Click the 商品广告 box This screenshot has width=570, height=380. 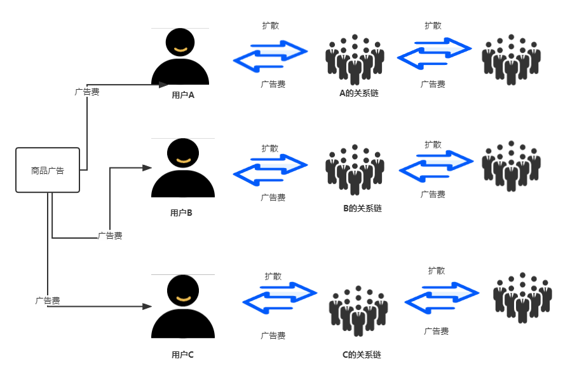tap(48, 170)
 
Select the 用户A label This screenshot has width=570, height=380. tap(183, 95)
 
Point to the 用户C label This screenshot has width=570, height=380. tap(182, 355)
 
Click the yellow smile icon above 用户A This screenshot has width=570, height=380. tap(181, 49)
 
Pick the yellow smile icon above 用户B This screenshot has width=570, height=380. tap(183, 160)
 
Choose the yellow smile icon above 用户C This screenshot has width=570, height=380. tap(183, 299)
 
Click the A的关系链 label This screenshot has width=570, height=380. tap(358, 93)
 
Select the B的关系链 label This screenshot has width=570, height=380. tap(362, 208)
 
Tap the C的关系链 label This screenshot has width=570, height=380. tap(361, 355)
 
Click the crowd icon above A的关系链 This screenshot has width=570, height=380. tap(355, 60)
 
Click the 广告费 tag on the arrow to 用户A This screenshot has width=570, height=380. tap(87, 92)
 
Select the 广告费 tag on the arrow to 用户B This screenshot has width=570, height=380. tap(110, 236)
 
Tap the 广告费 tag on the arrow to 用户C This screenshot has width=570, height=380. tap(48, 300)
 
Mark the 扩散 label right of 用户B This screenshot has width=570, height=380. tap(270, 148)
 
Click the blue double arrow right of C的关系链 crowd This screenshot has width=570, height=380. tap(441, 298)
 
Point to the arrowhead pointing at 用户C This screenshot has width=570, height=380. tap(147, 306)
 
